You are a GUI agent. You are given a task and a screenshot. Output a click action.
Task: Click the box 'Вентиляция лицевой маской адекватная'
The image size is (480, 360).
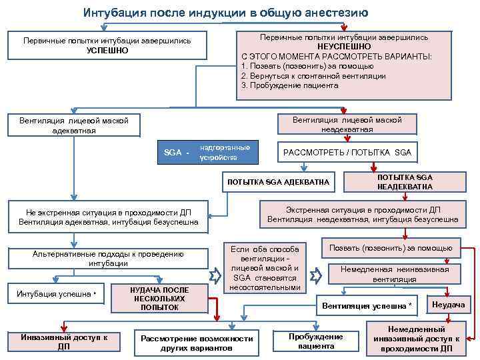[x=73, y=125]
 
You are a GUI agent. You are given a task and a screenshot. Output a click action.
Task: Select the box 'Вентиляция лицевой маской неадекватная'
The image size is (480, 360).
[x=347, y=125]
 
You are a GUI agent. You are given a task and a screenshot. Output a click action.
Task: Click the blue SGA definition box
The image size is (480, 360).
[x=209, y=153]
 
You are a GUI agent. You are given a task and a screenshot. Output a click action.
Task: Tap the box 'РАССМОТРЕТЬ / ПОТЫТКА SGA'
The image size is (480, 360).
[x=347, y=153]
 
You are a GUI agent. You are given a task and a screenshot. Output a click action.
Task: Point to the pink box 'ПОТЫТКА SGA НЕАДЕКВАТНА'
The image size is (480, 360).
[x=405, y=182]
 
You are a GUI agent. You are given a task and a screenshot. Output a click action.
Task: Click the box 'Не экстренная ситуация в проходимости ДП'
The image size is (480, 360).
[x=109, y=217]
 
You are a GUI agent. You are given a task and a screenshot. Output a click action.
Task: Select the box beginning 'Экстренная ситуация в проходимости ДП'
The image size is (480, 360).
[x=363, y=214]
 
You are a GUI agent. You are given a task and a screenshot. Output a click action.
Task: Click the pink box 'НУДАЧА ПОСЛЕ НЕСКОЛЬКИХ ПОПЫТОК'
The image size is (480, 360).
[x=159, y=298]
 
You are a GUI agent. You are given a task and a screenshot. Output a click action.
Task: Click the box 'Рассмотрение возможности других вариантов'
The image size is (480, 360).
[x=197, y=343]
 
